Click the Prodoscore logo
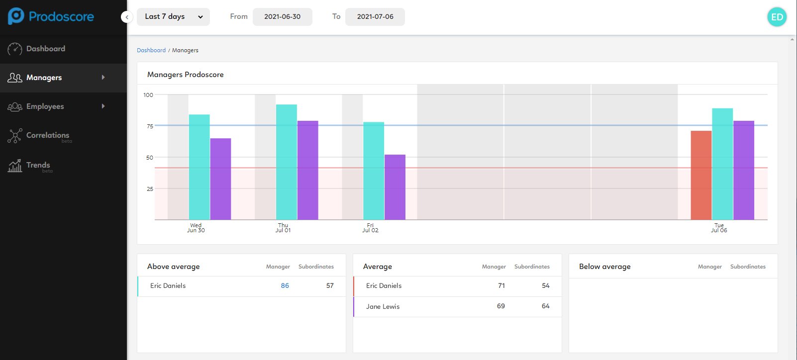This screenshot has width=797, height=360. pyautogui.click(x=51, y=16)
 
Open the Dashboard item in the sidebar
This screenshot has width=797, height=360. pyautogui.click(x=45, y=49)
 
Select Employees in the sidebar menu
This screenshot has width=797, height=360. pyautogui.click(x=45, y=106)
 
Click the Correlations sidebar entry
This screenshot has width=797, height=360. pyautogui.click(x=47, y=135)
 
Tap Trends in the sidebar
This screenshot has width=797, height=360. pyautogui.click(x=38, y=165)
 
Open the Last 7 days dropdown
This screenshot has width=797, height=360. pyautogui.click(x=173, y=17)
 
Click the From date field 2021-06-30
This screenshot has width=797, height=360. pyautogui.click(x=282, y=17)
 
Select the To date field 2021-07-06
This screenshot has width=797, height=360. pyautogui.click(x=375, y=17)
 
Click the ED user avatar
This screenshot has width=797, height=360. pyautogui.click(x=777, y=17)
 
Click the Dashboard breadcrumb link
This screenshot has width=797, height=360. pyautogui.click(x=151, y=50)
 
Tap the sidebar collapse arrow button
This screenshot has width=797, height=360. pyautogui.click(x=127, y=17)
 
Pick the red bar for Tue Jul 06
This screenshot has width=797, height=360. pyautogui.click(x=701, y=175)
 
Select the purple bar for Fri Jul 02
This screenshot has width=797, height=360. pyautogui.click(x=395, y=187)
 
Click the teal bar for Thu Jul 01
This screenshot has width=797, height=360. pyautogui.click(x=287, y=162)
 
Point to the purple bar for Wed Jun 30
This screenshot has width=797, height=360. pyautogui.click(x=220, y=179)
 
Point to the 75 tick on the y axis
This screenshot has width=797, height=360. pyautogui.click(x=150, y=126)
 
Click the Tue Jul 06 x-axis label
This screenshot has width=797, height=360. pyautogui.click(x=719, y=228)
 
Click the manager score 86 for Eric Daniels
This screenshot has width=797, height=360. pyautogui.click(x=285, y=286)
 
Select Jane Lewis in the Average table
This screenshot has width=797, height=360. pyautogui.click(x=383, y=307)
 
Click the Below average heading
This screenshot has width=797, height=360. pyautogui.click(x=604, y=267)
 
